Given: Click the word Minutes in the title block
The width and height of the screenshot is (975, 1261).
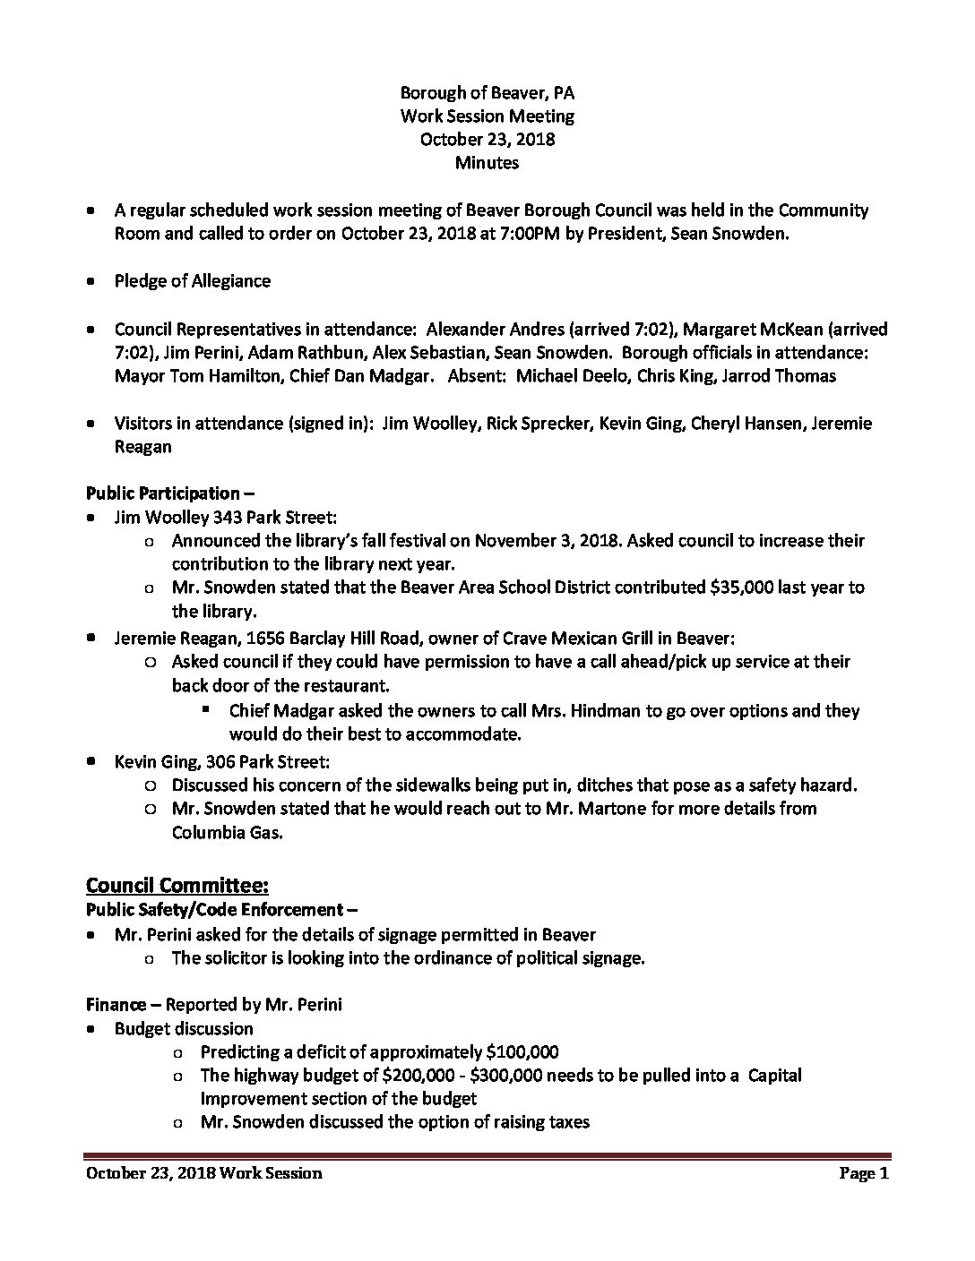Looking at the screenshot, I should tap(487, 163).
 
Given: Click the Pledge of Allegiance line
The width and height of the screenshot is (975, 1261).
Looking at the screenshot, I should tap(192, 281).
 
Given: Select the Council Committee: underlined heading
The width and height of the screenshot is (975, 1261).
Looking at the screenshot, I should tap(177, 886).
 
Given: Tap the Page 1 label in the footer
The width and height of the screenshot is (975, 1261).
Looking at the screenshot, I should tap(863, 1173).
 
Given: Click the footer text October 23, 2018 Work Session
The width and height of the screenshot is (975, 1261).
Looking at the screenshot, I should tap(203, 1173).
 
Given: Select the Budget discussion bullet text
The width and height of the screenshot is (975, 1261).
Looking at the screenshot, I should tap(184, 1029).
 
